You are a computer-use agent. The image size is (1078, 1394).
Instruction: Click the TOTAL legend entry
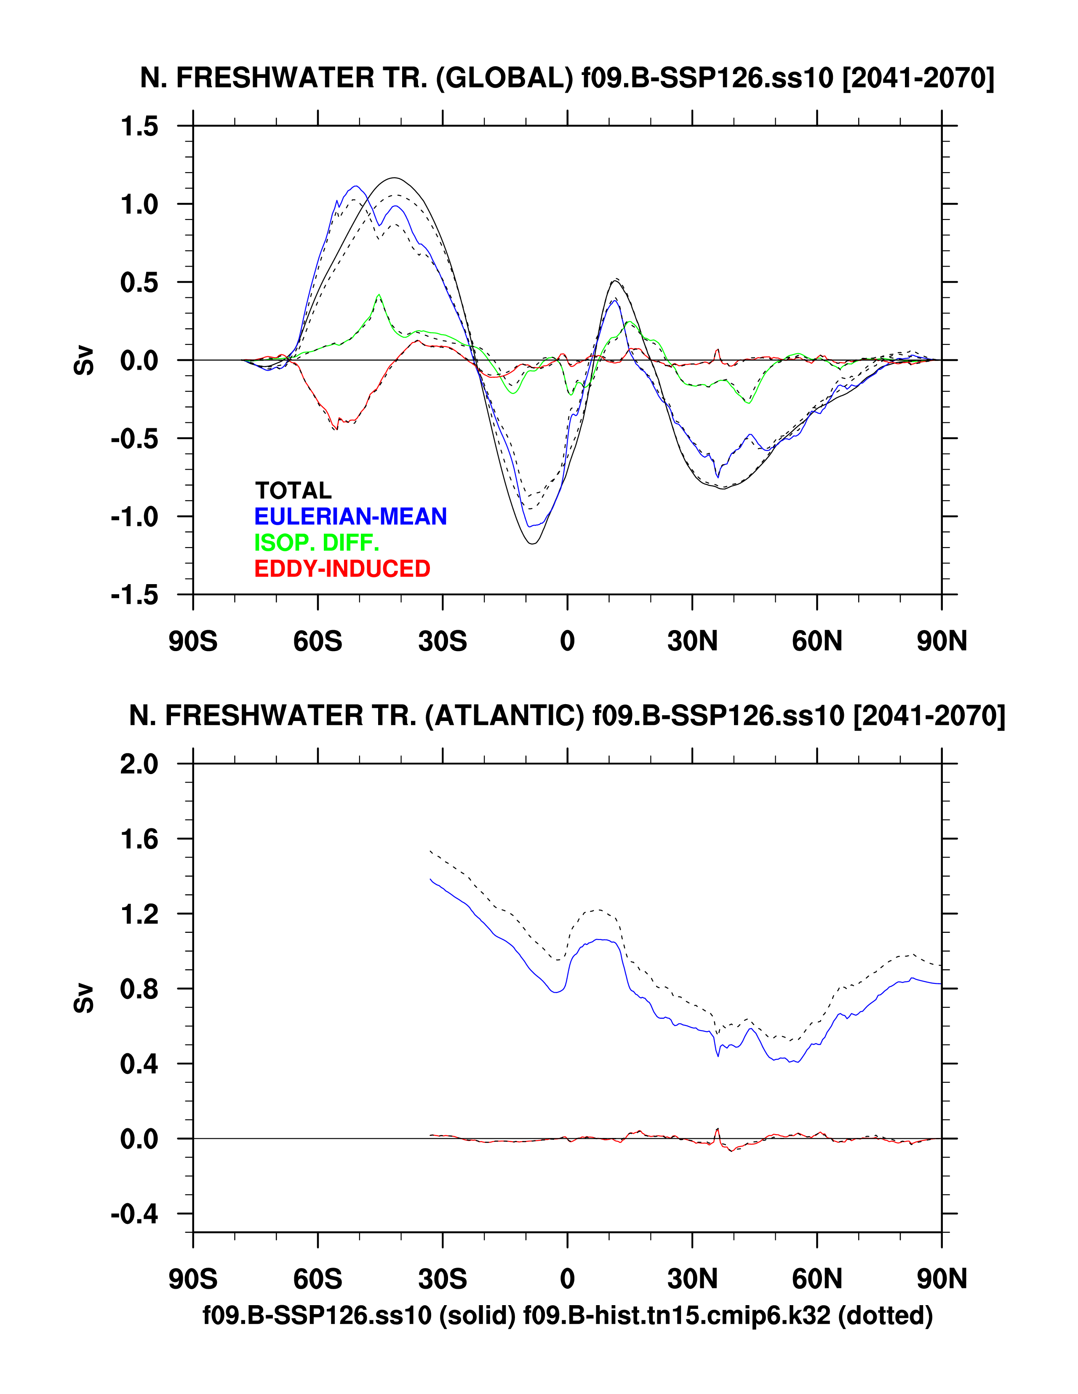[x=293, y=490]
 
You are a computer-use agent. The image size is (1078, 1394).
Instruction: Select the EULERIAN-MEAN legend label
[x=350, y=516]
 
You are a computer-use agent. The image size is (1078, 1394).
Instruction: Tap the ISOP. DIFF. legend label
[x=317, y=542]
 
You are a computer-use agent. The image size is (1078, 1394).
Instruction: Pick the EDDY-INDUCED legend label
[x=342, y=569]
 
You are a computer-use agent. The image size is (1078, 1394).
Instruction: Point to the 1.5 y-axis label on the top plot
[x=139, y=126]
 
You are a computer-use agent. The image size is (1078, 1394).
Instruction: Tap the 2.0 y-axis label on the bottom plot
[x=139, y=764]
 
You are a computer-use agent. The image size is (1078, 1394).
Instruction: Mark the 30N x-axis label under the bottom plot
[x=693, y=1279]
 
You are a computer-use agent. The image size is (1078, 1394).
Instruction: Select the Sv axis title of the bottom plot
[x=84, y=998]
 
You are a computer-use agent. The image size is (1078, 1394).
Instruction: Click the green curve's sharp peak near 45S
[x=379, y=294]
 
